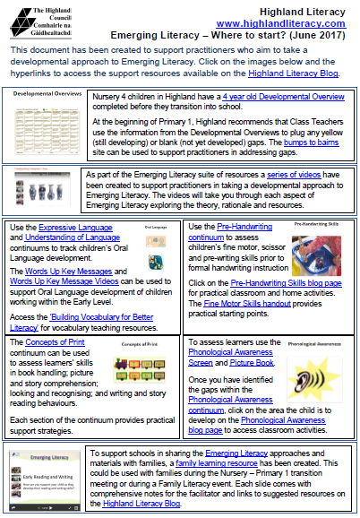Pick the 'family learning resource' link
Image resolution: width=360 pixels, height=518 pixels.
(x=253, y=463)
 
